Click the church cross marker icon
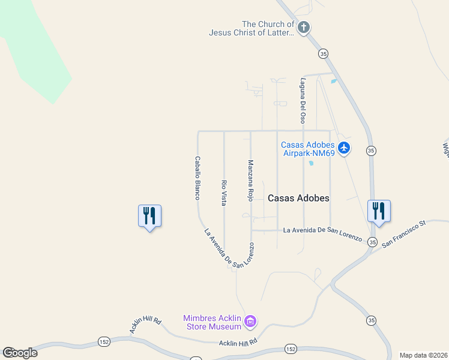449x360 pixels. (304, 27)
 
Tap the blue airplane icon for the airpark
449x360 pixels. (343, 148)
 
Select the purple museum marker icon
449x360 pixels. (250, 323)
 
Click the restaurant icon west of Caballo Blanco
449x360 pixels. (149, 215)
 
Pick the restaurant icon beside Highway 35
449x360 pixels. (379, 211)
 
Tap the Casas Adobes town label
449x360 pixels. (298, 198)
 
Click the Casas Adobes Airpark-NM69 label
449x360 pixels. (308, 149)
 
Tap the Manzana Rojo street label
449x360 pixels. (250, 180)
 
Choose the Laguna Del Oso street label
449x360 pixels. (303, 100)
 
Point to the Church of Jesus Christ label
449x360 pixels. (252, 29)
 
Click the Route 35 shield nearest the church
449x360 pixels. (323, 53)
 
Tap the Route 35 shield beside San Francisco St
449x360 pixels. (373, 242)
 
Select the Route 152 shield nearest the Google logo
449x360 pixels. (103, 341)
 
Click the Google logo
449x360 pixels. (20, 353)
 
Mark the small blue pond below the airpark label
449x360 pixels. (311, 163)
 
